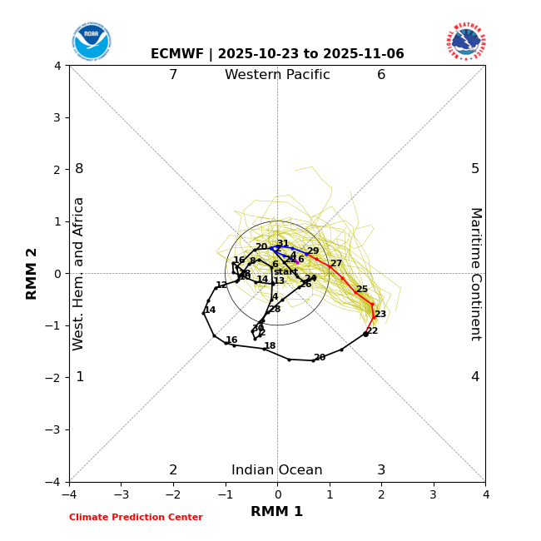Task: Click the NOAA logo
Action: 91,42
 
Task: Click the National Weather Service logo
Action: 465,42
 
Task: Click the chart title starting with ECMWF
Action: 277,54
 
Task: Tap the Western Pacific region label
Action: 277,75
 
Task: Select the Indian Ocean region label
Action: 277,470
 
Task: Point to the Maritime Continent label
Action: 475,274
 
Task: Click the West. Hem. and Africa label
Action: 79,274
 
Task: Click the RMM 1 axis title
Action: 276,512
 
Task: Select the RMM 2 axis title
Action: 32,274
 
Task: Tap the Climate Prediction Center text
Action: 136,518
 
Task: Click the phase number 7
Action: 173,75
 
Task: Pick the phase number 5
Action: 475,169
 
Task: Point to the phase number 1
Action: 80,377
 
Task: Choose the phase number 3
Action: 381,470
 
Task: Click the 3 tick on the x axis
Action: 433,494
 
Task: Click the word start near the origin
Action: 285,272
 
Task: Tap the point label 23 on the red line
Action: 380,315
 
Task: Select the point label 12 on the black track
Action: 221,285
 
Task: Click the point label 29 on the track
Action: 313,251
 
